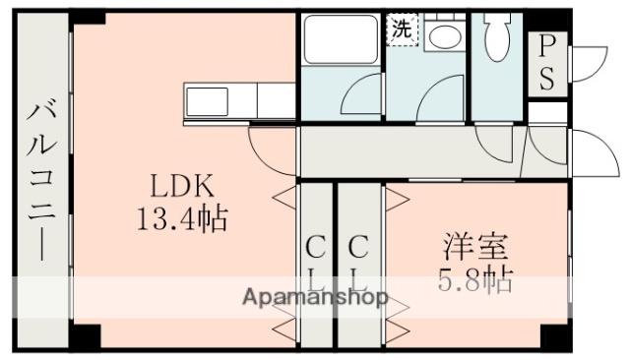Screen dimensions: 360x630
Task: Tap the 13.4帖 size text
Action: (182, 217)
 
